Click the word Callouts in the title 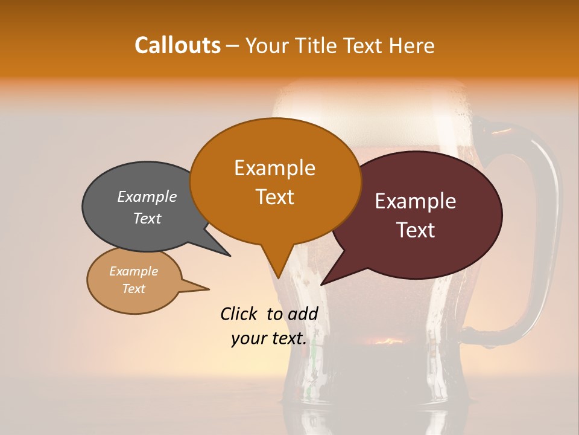(x=177, y=45)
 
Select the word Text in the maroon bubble (x=416, y=230)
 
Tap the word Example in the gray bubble (x=147, y=196)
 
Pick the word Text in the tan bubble (x=134, y=289)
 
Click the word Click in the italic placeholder (x=239, y=314)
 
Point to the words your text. (x=269, y=338)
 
